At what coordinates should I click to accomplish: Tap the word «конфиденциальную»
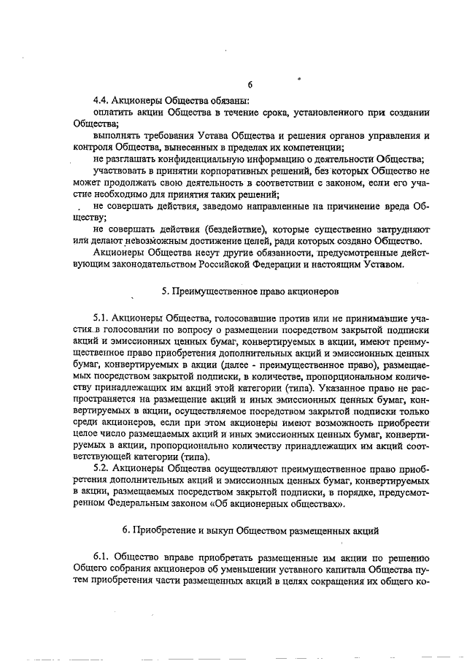(204, 158)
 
